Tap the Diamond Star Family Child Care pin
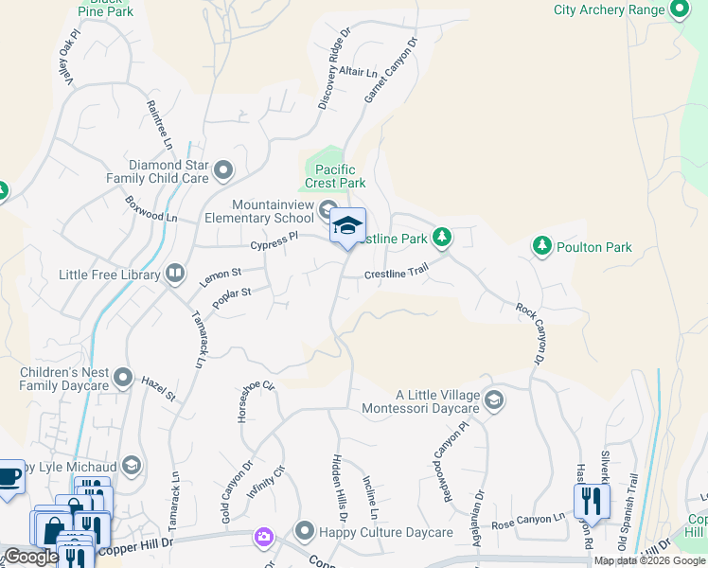click(x=223, y=170)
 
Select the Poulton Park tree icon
click(x=541, y=247)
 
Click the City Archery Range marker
click(x=678, y=9)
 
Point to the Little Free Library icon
click(x=175, y=275)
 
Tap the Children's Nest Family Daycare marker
click(x=123, y=379)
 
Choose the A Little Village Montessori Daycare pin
click(x=493, y=401)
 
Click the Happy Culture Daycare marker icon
click(x=304, y=532)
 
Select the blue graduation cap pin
click(x=348, y=227)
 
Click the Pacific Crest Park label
click(x=334, y=176)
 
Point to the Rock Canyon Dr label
click(x=530, y=333)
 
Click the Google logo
click(x=31, y=557)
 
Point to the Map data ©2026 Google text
click(x=650, y=561)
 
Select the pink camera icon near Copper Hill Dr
click(x=262, y=538)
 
